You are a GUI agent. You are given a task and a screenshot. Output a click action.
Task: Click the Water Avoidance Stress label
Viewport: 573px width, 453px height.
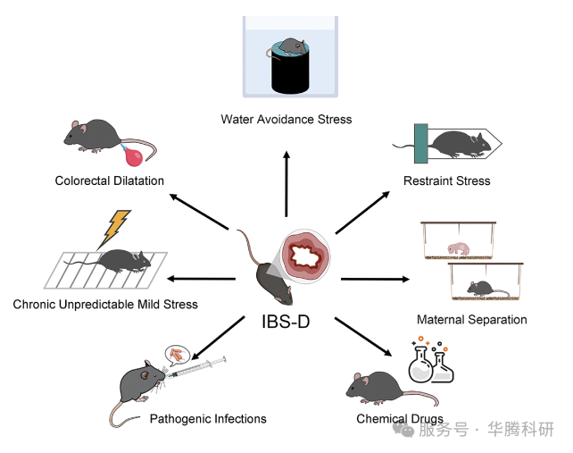pyautogui.click(x=286, y=119)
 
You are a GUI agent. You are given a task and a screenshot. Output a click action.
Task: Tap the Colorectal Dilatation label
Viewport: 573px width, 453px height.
pyautogui.click(x=108, y=180)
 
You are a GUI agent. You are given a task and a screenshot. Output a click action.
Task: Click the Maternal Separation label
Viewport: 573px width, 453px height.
pyautogui.click(x=471, y=319)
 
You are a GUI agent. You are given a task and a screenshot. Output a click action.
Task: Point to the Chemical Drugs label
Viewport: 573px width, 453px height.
pyautogui.click(x=399, y=418)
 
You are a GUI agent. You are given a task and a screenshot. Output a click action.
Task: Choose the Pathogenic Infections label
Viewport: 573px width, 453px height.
pyautogui.click(x=207, y=418)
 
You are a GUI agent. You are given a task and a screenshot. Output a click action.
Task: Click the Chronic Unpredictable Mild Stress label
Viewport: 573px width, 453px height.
pyautogui.click(x=105, y=304)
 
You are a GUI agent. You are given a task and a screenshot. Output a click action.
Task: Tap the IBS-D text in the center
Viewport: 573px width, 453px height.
pyautogui.click(x=286, y=321)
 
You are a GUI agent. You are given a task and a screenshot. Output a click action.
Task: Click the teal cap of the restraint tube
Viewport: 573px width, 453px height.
pyautogui.click(x=419, y=143)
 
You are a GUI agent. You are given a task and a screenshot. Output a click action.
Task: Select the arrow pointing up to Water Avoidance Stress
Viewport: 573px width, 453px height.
pyautogui.click(x=286, y=183)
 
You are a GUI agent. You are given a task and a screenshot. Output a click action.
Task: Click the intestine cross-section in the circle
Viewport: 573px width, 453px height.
pyautogui.click(x=305, y=257)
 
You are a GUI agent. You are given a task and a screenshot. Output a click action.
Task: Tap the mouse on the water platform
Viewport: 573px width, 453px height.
pyautogui.click(x=292, y=46)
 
